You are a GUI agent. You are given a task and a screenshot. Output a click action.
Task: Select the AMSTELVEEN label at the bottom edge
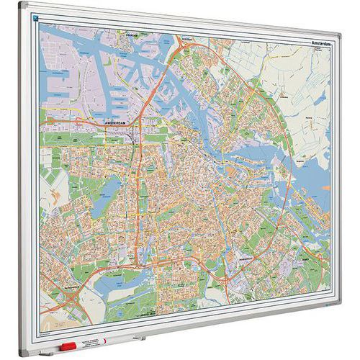(148, 315)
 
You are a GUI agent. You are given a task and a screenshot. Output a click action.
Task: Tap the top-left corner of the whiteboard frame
(22, 5)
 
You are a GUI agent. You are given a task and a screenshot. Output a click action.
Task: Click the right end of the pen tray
(144, 336)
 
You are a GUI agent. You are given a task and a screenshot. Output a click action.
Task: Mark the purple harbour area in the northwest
(68, 79)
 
